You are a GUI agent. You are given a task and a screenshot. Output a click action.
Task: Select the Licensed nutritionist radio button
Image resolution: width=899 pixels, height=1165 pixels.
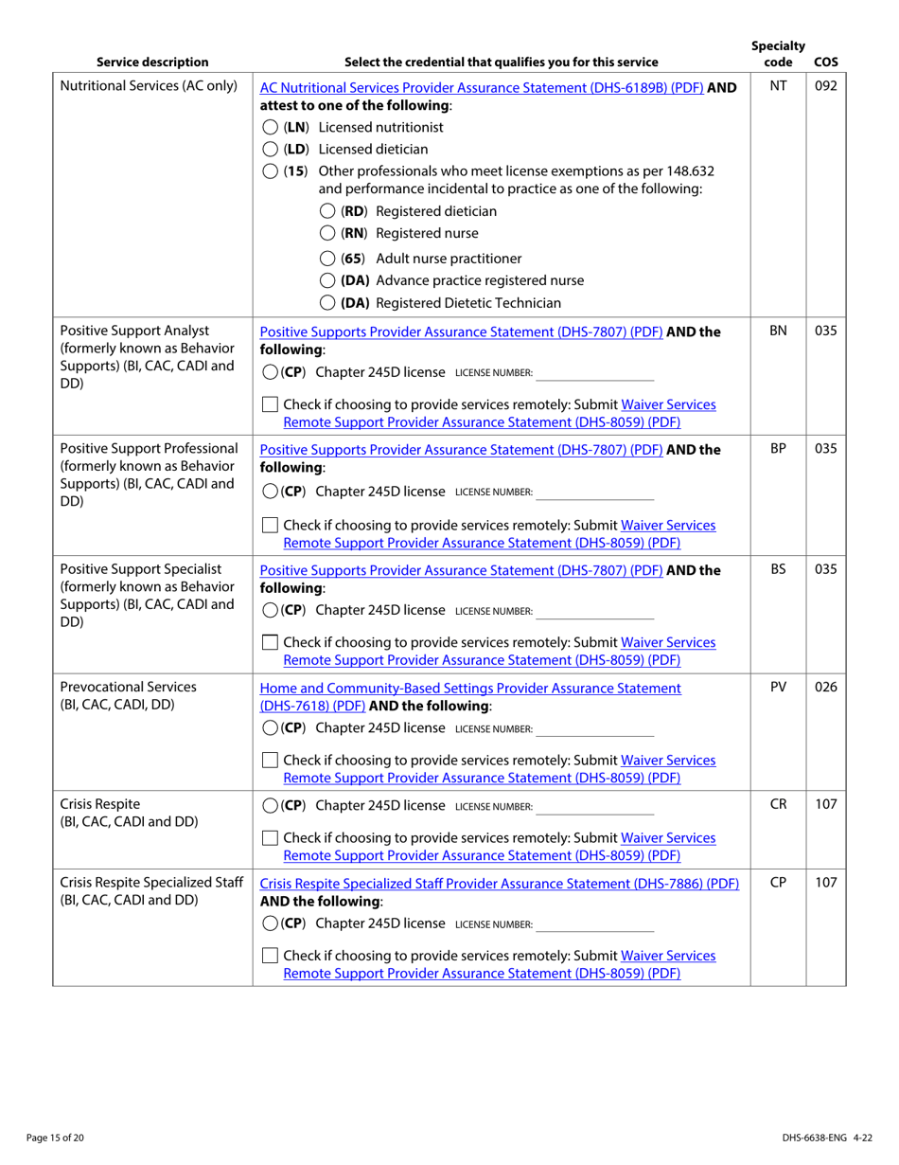[x=270, y=128]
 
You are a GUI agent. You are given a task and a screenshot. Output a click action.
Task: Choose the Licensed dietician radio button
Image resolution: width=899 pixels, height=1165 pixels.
[x=270, y=150]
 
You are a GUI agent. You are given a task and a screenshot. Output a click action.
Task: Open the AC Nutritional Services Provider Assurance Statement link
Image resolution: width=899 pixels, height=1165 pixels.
[x=482, y=87]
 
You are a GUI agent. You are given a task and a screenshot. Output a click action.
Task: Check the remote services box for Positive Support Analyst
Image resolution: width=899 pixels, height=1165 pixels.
[x=270, y=405]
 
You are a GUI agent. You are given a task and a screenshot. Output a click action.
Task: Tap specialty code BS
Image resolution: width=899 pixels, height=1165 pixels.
[x=778, y=570]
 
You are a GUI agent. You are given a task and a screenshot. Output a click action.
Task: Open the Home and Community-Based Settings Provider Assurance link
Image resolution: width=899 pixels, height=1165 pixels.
[x=470, y=689]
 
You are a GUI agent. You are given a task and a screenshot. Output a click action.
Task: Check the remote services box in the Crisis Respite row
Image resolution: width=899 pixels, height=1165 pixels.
[x=270, y=838]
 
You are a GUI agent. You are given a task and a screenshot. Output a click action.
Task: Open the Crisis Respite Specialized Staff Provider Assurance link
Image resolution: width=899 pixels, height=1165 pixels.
[x=499, y=884]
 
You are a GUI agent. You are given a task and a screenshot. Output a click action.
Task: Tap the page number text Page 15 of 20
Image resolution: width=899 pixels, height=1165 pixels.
[x=55, y=1138]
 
